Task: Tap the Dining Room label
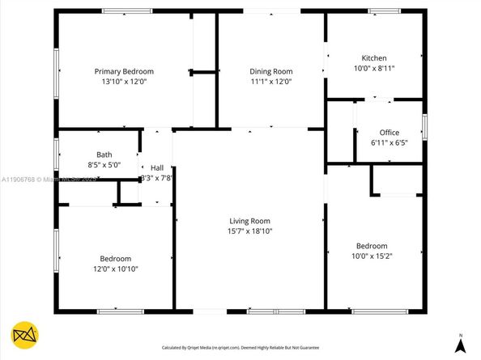coord(270,71)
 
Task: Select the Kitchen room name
coord(373,58)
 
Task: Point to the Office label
coord(389,133)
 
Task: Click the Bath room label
coord(104,155)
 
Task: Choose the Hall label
coord(156,167)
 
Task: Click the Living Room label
coord(249,221)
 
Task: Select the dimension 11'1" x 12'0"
coord(270,82)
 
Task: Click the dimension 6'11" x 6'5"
coord(389,143)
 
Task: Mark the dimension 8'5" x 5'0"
coord(104,165)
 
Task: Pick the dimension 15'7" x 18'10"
coord(249,231)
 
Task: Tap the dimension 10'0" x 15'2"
coord(372,256)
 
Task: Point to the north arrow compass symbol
coord(461,343)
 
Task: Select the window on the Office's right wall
coord(424,127)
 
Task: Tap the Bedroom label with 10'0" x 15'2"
coord(372,246)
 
